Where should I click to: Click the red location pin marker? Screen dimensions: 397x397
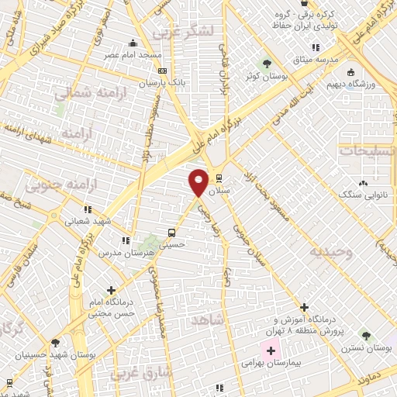tap(199, 181)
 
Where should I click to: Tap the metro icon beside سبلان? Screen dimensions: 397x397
tap(219, 176)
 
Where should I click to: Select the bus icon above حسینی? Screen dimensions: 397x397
tap(171, 233)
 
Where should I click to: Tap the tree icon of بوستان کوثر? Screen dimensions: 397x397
tap(268, 64)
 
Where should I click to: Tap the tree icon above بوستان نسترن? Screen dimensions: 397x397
tap(365, 336)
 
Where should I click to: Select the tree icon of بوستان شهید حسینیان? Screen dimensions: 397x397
tap(56, 341)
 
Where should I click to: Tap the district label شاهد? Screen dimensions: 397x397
tap(211, 319)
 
